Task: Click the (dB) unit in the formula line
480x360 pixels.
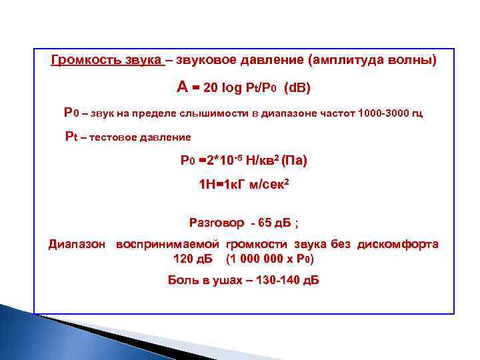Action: (x=297, y=88)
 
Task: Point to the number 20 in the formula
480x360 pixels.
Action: (x=211, y=88)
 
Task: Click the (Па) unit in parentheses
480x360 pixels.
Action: (x=294, y=161)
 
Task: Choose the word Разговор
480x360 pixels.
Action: (x=213, y=221)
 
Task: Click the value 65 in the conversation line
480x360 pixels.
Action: (x=255, y=221)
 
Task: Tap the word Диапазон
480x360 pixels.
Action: (x=77, y=245)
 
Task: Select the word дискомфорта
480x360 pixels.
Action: (x=398, y=245)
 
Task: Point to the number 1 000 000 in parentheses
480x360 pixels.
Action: (x=258, y=258)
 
